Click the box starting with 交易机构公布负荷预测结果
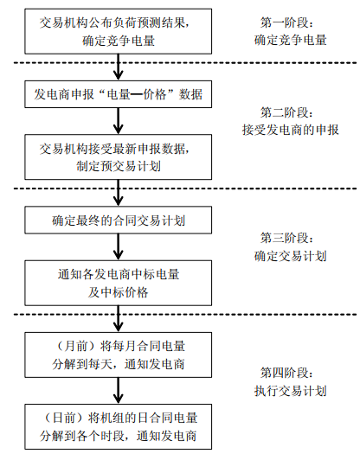tap(118, 31)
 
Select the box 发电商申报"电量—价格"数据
tap(118, 94)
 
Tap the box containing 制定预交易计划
tap(118, 157)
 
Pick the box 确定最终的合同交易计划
tap(118, 220)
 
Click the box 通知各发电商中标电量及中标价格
tap(118, 283)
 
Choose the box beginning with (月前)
tap(118, 355)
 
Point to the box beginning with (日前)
tap(118, 426)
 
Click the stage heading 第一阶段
tap(287, 22)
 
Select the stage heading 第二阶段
tap(287, 112)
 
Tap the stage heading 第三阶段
tap(287, 238)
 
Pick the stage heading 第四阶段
tap(287, 373)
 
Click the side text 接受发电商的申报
tap(291, 130)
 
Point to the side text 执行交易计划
tap(291, 391)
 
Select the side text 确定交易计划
tap(291, 256)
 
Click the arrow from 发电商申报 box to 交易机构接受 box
tap(118, 121)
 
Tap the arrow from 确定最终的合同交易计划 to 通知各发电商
tap(118, 247)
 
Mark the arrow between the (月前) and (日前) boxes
tap(118, 391)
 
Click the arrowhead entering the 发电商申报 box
tap(118, 76)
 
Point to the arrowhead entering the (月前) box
tap(118, 327)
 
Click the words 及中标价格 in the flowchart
tap(118, 292)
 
